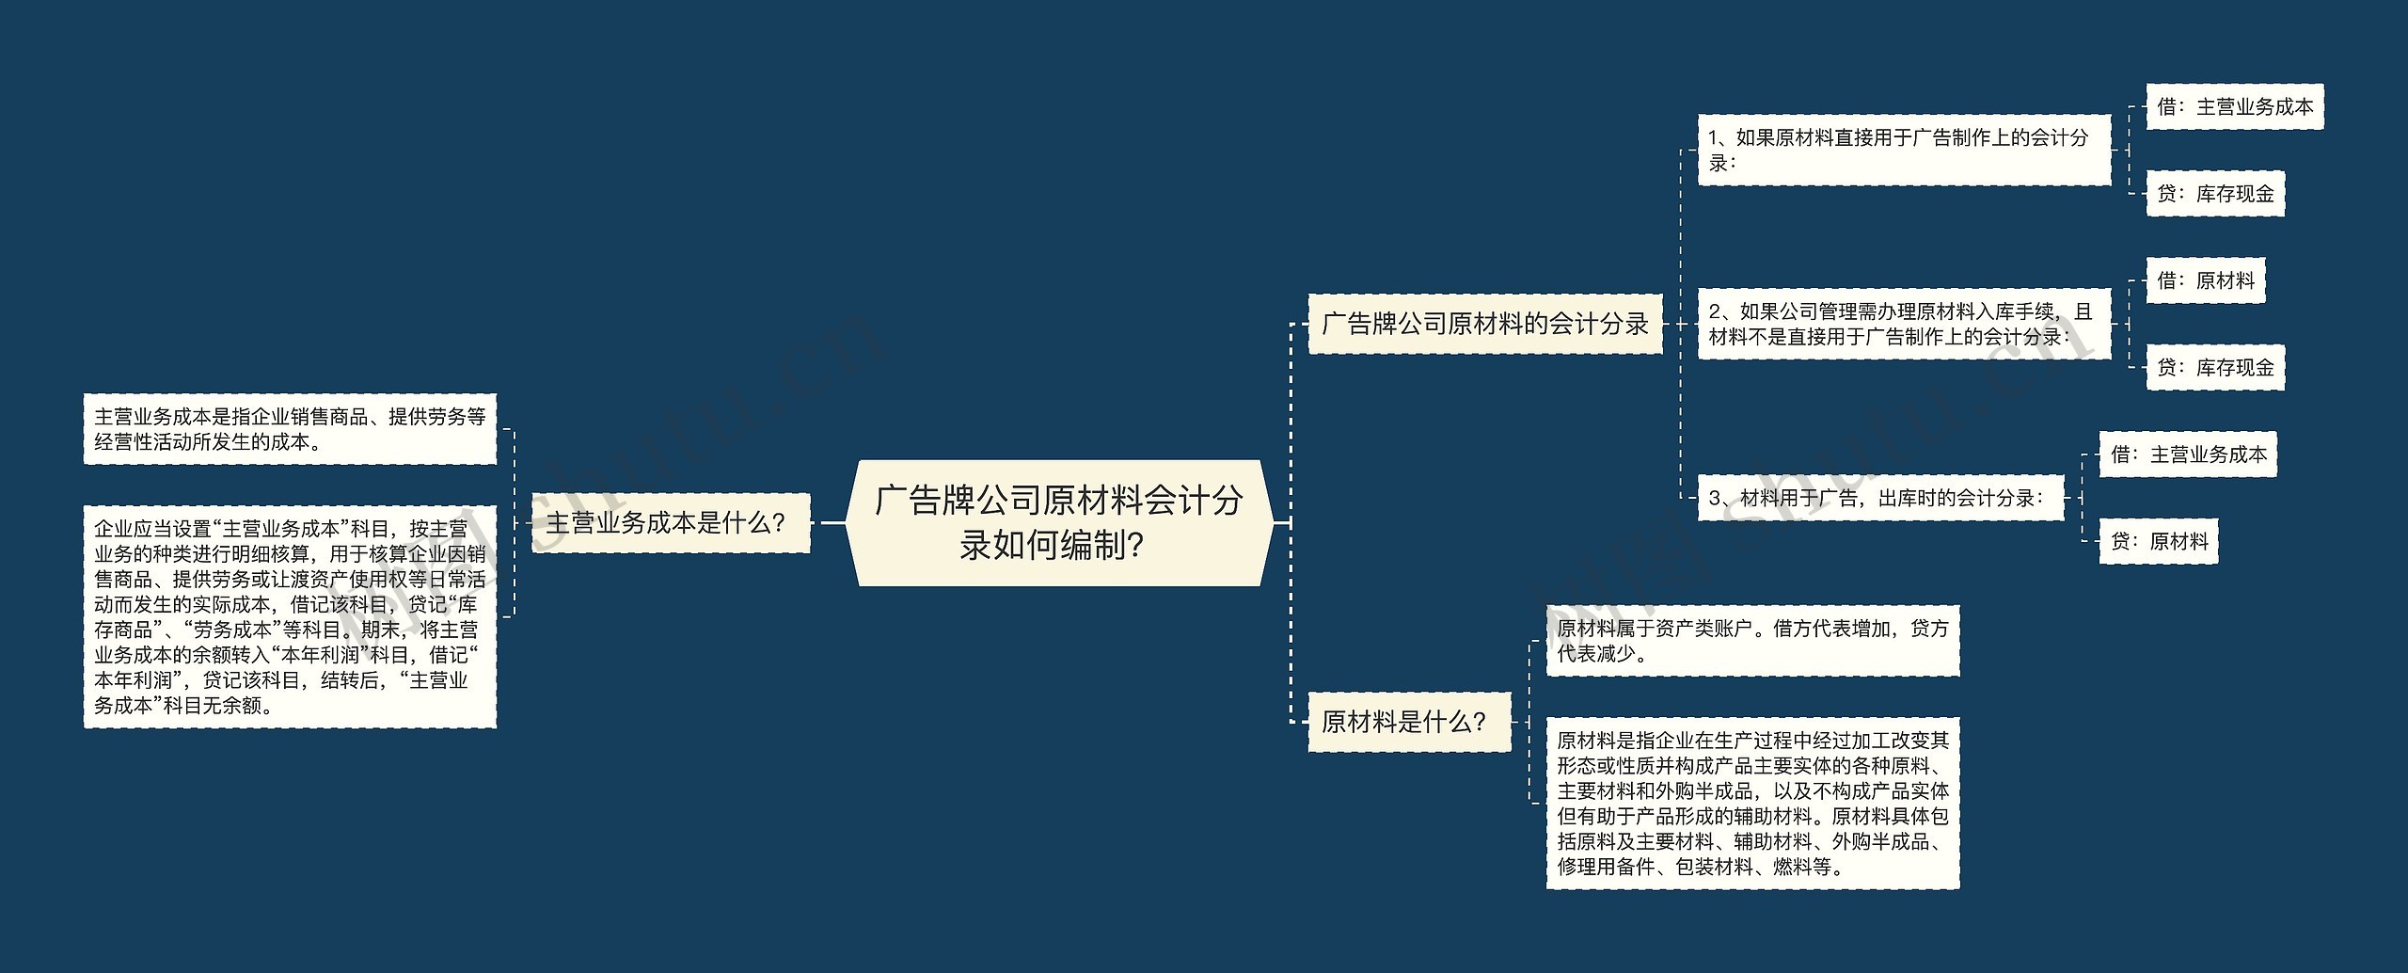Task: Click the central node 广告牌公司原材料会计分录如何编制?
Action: (1059, 522)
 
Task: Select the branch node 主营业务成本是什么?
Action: (670, 523)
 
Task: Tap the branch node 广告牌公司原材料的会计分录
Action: (1485, 325)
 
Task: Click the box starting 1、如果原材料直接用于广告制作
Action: (1903, 151)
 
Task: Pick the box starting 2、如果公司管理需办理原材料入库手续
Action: (1903, 325)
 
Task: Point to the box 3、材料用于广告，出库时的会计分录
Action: (1879, 499)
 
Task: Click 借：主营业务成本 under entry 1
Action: (2234, 107)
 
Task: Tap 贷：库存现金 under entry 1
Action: (2214, 194)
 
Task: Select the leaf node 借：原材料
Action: (2205, 280)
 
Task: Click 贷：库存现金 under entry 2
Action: (2214, 368)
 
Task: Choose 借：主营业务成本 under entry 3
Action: (2187, 455)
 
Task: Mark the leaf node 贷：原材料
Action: (2158, 541)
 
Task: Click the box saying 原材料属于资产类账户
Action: (1752, 641)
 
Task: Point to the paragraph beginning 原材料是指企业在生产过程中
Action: (1752, 804)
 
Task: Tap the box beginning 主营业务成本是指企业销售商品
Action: (290, 429)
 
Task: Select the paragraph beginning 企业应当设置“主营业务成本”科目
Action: (290, 617)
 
